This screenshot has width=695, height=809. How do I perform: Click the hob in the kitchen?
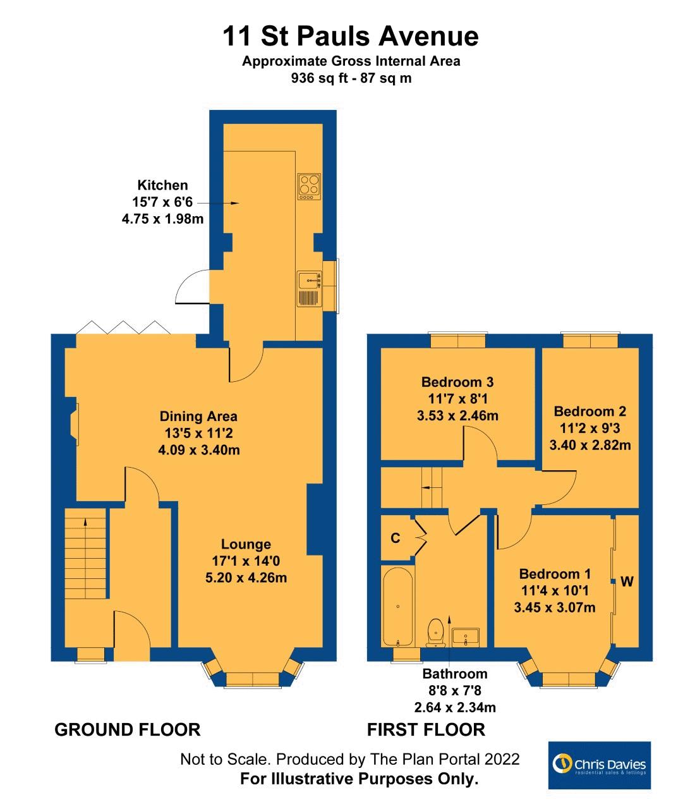tap(308, 186)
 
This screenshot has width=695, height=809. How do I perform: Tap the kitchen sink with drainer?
tap(309, 288)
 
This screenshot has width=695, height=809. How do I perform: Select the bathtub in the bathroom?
tap(397, 607)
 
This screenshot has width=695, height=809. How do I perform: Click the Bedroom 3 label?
tap(457, 382)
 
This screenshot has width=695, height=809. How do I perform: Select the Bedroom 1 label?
tap(555, 574)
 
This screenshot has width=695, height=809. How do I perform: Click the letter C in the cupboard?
tap(396, 538)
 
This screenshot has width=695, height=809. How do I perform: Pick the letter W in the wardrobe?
tap(626, 581)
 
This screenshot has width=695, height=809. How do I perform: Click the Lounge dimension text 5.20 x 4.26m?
tap(246, 577)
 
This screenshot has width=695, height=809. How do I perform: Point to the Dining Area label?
tap(198, 416)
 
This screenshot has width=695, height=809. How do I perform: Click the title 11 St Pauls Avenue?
tap(350, 36)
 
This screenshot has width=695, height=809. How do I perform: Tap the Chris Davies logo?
tap(599, 765)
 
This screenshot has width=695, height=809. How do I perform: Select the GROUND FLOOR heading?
tap(128, 729)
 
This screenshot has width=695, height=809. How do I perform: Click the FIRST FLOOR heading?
tap(426, 729)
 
